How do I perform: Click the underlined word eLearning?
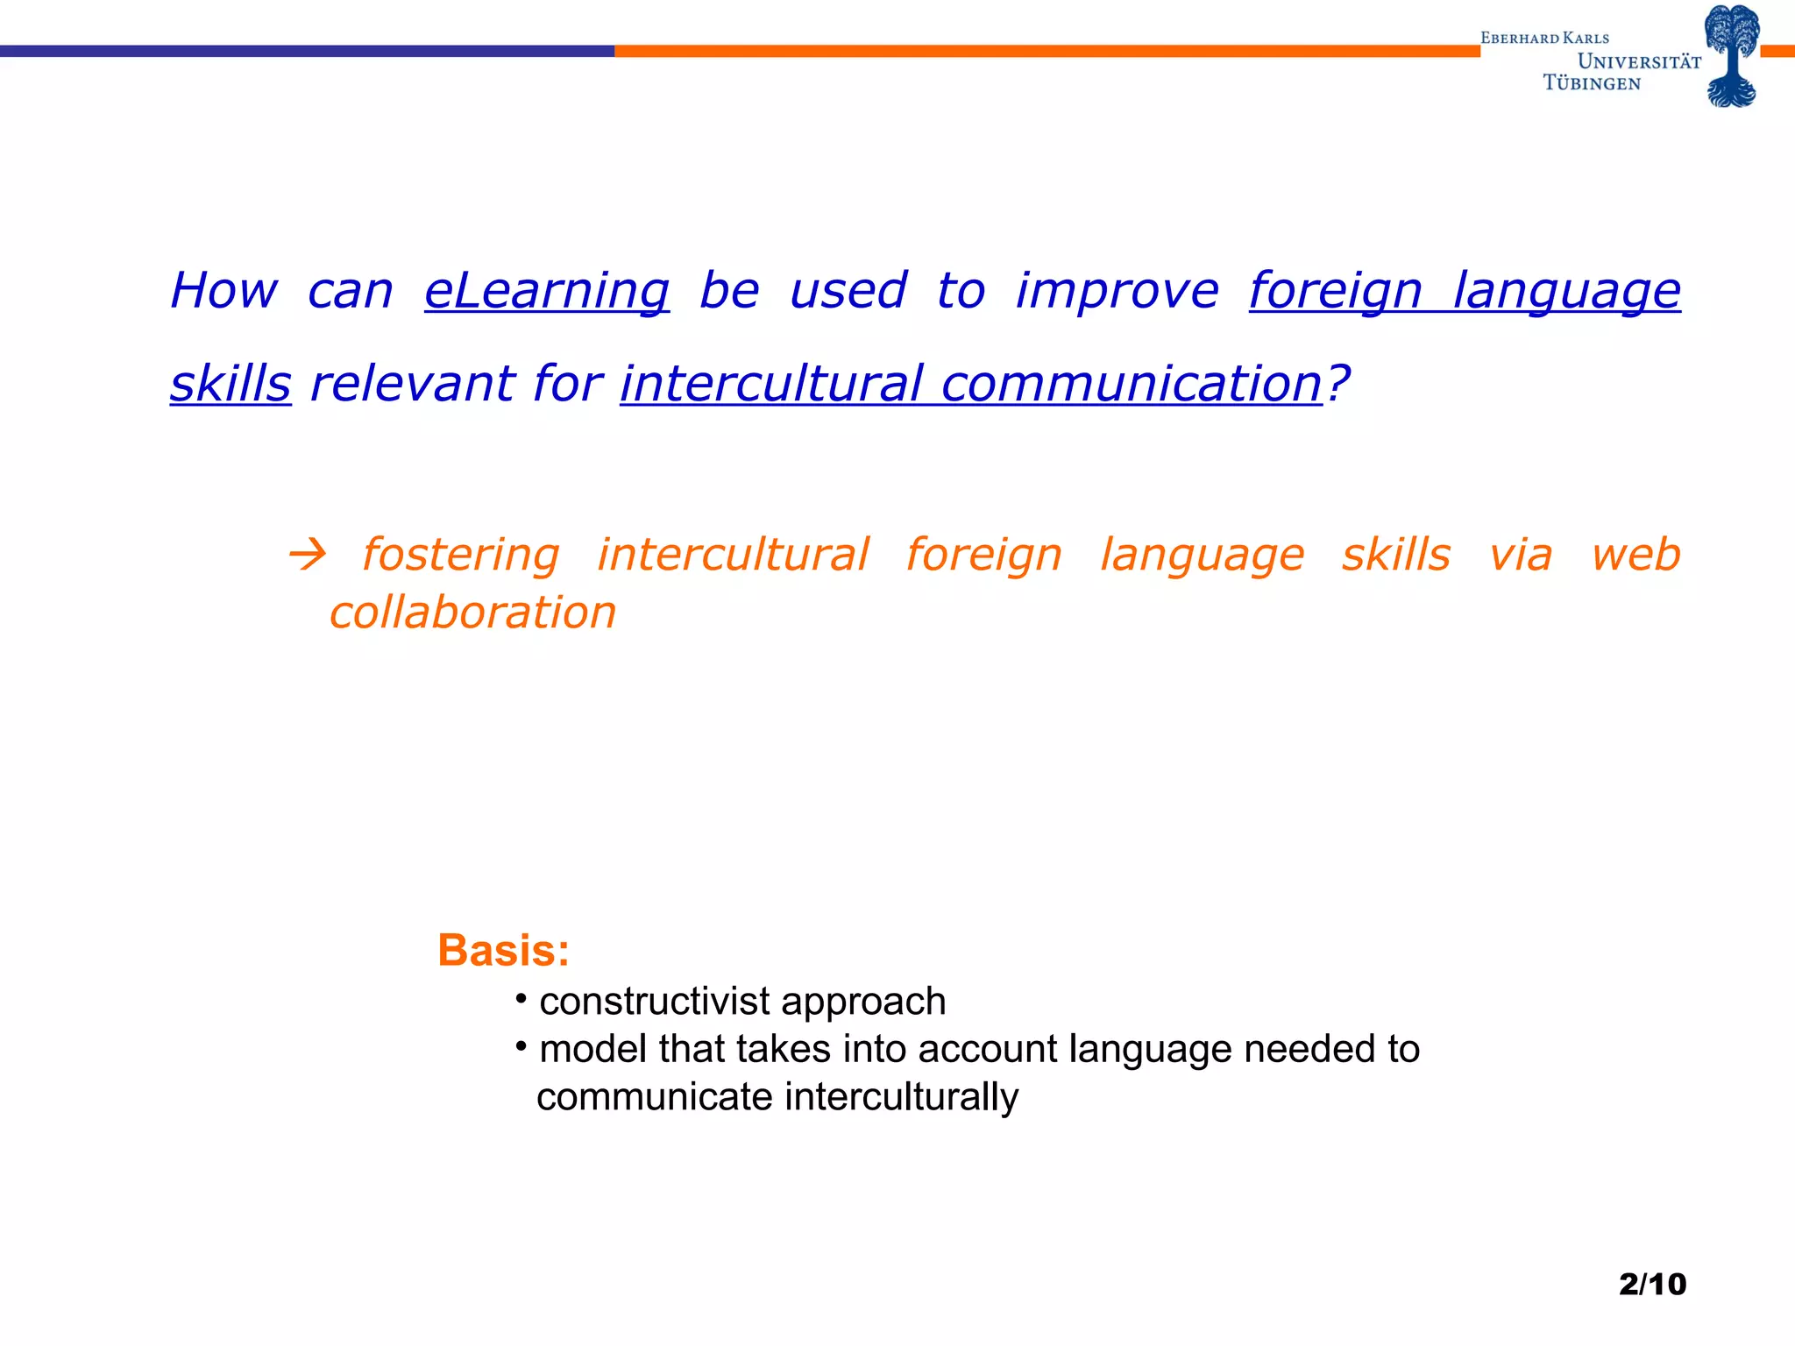[547, 291]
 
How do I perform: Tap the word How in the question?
[224, 291]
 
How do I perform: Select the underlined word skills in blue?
[231, 384]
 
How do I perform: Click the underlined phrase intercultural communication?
[971, 384]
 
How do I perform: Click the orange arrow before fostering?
[308, 555]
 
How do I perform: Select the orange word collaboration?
[473, 612]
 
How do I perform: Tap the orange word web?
[1635, 555]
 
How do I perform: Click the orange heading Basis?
[504, 951]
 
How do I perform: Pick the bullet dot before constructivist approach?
[521, 998]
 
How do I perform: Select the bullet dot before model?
[521, 1045]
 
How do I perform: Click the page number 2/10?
[1652, 1284]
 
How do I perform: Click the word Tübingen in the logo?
[1592, 83]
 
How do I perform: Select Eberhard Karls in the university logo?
[1544, 39]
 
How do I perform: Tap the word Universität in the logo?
[1639, 61]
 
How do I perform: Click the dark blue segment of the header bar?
[307, 51]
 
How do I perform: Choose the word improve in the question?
[1117, 291]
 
